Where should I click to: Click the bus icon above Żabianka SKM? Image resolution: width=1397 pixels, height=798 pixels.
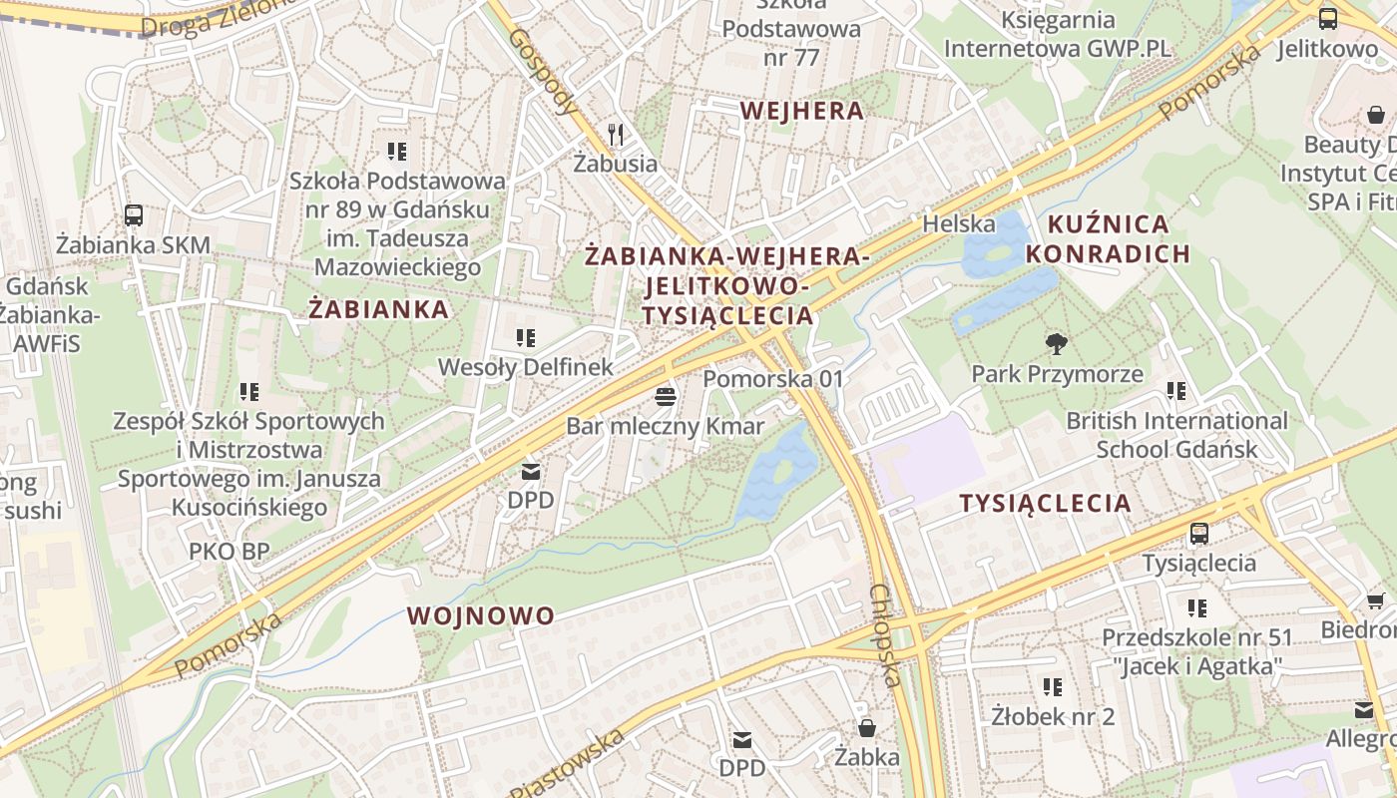click(x=133, y=214)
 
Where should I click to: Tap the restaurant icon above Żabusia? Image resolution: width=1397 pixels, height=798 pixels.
click(x=616, y=134)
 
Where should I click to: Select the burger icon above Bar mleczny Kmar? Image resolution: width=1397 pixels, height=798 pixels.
click(x=666, y=397)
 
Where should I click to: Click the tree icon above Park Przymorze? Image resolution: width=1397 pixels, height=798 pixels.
click(x=1056, y=344)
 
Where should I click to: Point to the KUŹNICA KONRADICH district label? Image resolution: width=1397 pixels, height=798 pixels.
click(x=1108, y=238)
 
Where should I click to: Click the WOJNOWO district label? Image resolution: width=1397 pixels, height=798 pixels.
click(x=481, y=615)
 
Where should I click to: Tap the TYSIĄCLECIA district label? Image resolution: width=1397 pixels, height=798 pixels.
click(x=1046, y=504)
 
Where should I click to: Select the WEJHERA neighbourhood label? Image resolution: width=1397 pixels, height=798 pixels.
click(x=802, y=111)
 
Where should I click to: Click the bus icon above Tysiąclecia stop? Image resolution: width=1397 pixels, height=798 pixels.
click(x=1199, y=534)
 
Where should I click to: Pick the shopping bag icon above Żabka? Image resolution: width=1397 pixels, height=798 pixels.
click(x=867, y=727)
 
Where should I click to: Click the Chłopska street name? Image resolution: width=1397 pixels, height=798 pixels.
click(x=885, y=635)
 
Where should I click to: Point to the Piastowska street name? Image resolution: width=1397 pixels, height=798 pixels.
click(x=567, y=765)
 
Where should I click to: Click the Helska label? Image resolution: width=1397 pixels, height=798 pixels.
click(x=958, y=223)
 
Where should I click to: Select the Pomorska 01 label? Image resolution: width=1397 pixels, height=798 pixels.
click(x=773, y=379)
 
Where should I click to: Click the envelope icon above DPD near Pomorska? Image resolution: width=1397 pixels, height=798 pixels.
click(x=531, y=471)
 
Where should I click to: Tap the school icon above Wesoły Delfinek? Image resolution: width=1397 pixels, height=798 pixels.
click(x=525, y=338)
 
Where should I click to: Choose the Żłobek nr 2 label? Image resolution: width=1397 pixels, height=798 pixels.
click(x=1053, y=716)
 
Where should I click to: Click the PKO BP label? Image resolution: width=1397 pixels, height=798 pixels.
click(x=230, y=552)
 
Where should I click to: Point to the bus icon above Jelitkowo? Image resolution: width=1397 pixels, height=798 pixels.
click(x=1328, y=18)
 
